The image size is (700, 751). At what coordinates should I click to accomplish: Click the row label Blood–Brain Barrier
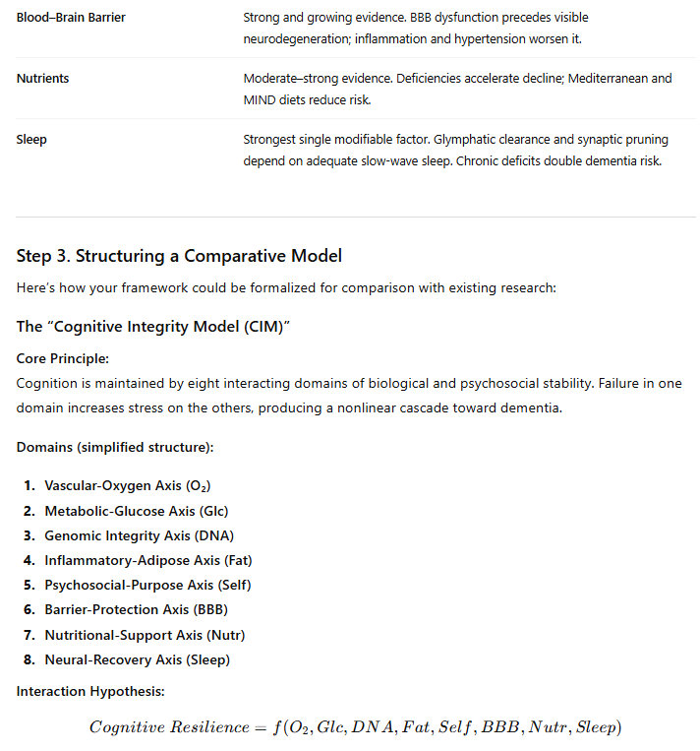71,18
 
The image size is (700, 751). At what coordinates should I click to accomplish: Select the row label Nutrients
43,78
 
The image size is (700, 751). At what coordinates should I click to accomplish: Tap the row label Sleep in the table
31,139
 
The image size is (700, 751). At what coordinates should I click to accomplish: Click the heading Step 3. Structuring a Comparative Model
179,256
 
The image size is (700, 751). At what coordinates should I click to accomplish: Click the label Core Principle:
62,358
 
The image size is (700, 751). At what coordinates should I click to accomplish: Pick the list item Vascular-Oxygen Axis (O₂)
128,485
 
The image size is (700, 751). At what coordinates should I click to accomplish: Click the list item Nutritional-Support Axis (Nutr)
145,634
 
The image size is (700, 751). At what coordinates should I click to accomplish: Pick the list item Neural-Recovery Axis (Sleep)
137,659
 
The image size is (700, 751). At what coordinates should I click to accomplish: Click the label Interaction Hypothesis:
89,692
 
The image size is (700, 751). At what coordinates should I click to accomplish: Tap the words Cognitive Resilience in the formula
169,727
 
